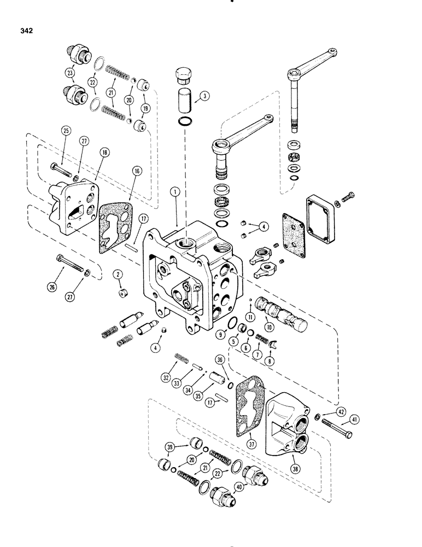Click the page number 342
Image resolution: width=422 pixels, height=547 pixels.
[24, 31]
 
